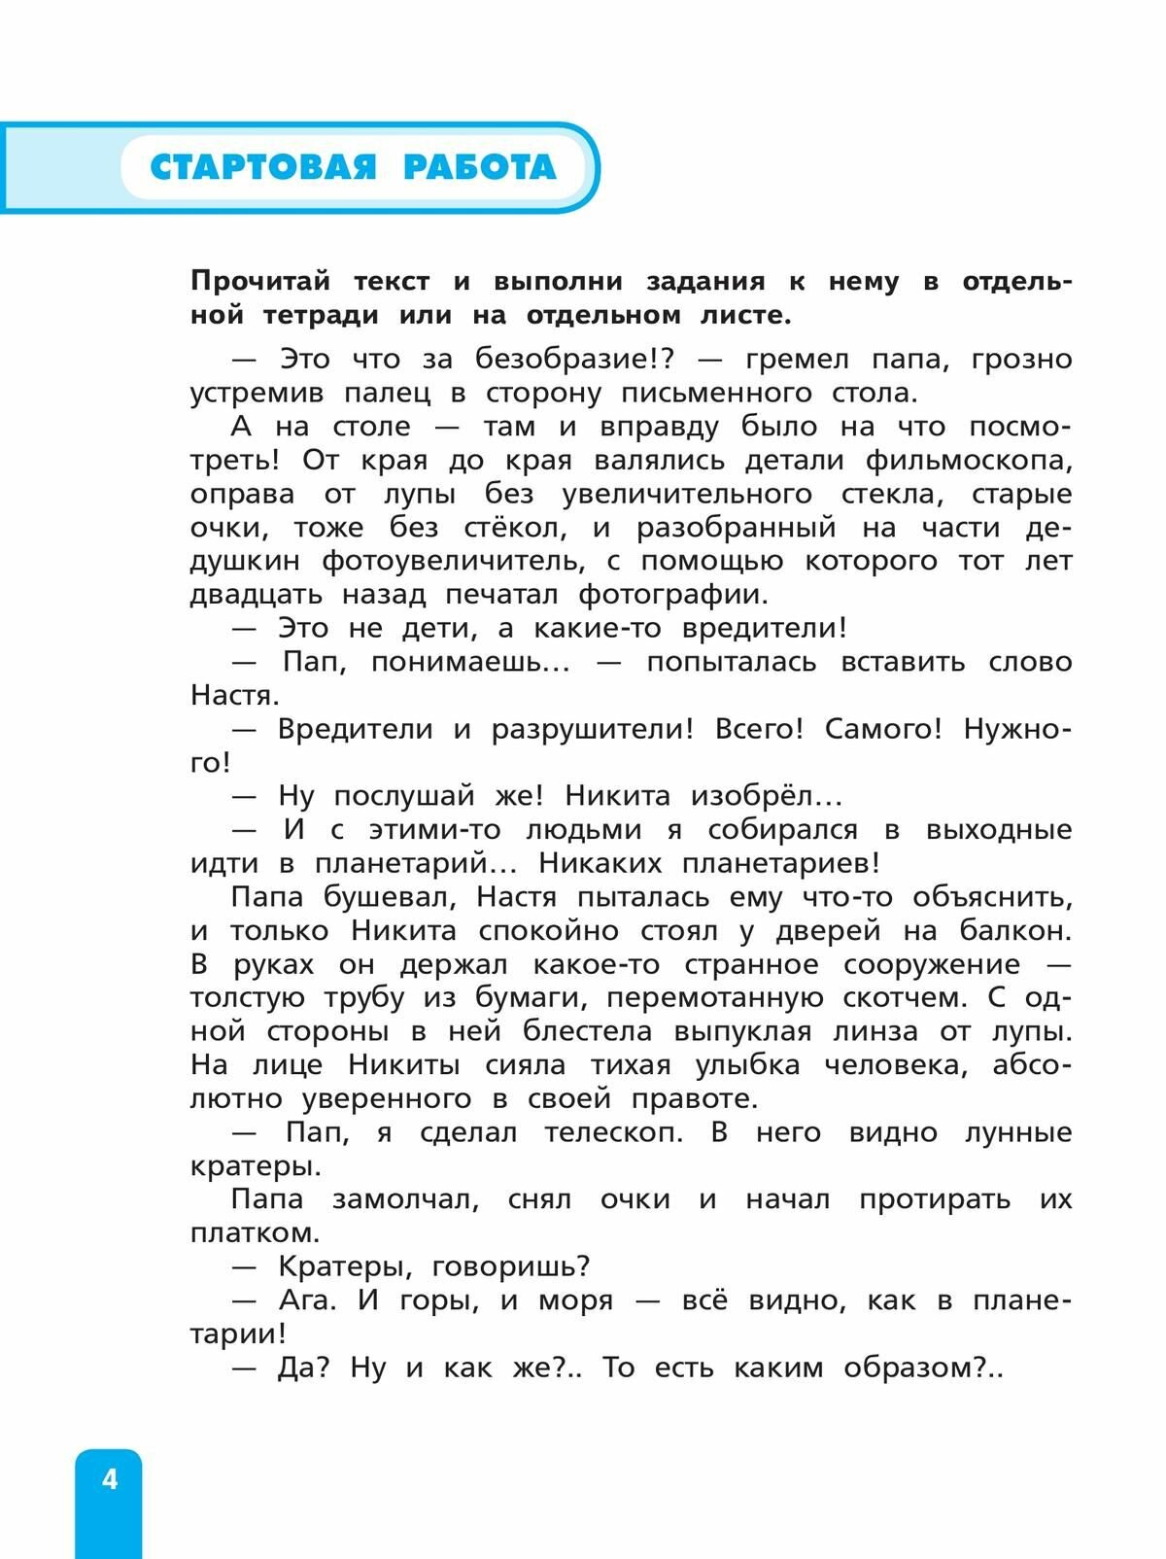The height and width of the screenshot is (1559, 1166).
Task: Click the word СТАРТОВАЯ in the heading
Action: pyautogui.click(x=262, y=167)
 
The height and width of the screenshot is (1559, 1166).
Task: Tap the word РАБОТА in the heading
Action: pyautogui.click(x=479, y=167)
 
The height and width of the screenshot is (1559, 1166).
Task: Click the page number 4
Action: pyautogui.click(x=109, y=1479)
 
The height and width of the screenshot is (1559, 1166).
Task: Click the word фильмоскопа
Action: pyautogui.click(x=969, y=460)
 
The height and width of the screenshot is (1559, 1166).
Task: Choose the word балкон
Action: pyautogui.click(x=1014, y=930)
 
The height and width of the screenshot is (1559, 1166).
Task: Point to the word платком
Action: pyautogui.click(x=255, y=1233)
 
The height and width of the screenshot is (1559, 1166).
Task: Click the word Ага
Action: pyautogui.click(x=306, y=1300)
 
